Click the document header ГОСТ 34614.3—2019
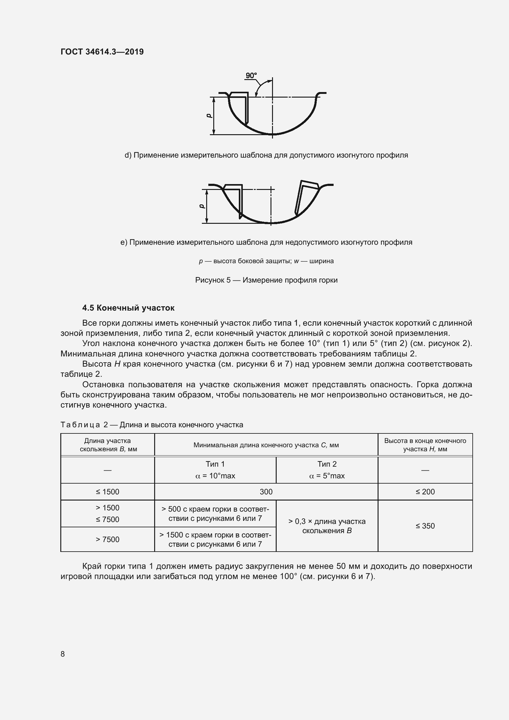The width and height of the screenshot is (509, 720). pos(102,52)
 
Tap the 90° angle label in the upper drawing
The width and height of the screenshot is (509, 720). pos(251,76)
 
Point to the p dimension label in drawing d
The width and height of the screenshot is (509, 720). pos(209,116)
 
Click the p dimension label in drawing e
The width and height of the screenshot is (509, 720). pos(202,206)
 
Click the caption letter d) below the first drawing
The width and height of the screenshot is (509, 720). pos(128,155)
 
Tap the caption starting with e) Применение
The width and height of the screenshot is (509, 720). pos(266,242)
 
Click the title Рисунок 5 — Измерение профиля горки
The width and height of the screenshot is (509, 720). pos(266,280)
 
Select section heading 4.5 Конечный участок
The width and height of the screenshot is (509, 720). pos(128,308)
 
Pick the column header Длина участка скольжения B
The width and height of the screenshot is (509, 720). pos(107,445)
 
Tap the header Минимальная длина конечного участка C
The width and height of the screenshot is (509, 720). pos(266,445)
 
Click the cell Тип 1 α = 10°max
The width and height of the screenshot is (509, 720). pos(215,470)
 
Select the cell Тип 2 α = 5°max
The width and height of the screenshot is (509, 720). pos(327,470)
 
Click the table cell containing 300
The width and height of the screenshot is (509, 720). pos(266,492)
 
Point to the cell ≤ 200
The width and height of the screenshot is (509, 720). pos(425,492)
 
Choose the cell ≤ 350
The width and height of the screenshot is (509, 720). pos(425,526)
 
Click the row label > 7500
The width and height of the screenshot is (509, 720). pos(107,539)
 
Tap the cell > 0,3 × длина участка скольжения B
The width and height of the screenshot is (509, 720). pos(327,526)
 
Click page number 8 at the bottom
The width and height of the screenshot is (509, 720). pos(63,654)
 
